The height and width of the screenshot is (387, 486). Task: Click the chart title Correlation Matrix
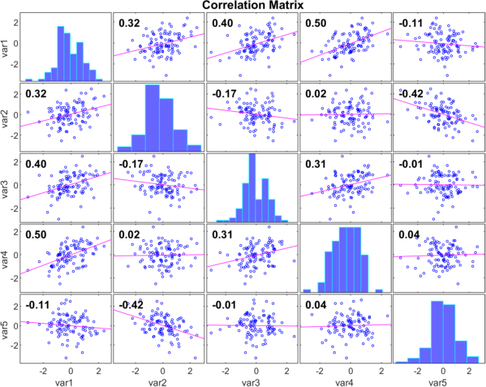tap(252, 5)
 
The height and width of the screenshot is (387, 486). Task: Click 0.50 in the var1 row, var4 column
tap(316, 23)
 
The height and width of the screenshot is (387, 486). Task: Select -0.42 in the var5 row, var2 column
tap(131, 305)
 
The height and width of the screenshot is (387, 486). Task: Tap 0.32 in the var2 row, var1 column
tap(36, 93)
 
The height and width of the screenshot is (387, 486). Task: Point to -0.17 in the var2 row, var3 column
tap(225, 93)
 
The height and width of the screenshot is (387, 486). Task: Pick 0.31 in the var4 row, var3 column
tap(222, 234)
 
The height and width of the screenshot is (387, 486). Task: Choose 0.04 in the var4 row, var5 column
tap(409, 234)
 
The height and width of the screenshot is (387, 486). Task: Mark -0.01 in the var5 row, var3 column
tap(225, 305)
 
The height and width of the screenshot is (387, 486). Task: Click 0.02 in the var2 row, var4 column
tap(316, 93)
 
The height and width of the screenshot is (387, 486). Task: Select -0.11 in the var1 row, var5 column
tap(411, 23)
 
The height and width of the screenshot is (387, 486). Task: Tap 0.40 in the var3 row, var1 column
tap(36, 164)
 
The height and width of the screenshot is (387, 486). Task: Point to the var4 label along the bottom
tap(345, 383)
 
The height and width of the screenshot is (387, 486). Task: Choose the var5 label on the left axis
tap(6, 329)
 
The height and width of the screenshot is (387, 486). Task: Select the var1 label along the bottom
tap(65, 383)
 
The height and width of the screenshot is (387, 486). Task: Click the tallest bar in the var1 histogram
tap(61, 54)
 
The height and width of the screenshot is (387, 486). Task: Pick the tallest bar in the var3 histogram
tap(252, 187)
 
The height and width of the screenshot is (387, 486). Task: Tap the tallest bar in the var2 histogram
tap(153, 118)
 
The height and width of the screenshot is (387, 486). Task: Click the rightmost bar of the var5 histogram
tap(473, 359)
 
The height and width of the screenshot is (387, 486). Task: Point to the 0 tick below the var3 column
tap(256, 371)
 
